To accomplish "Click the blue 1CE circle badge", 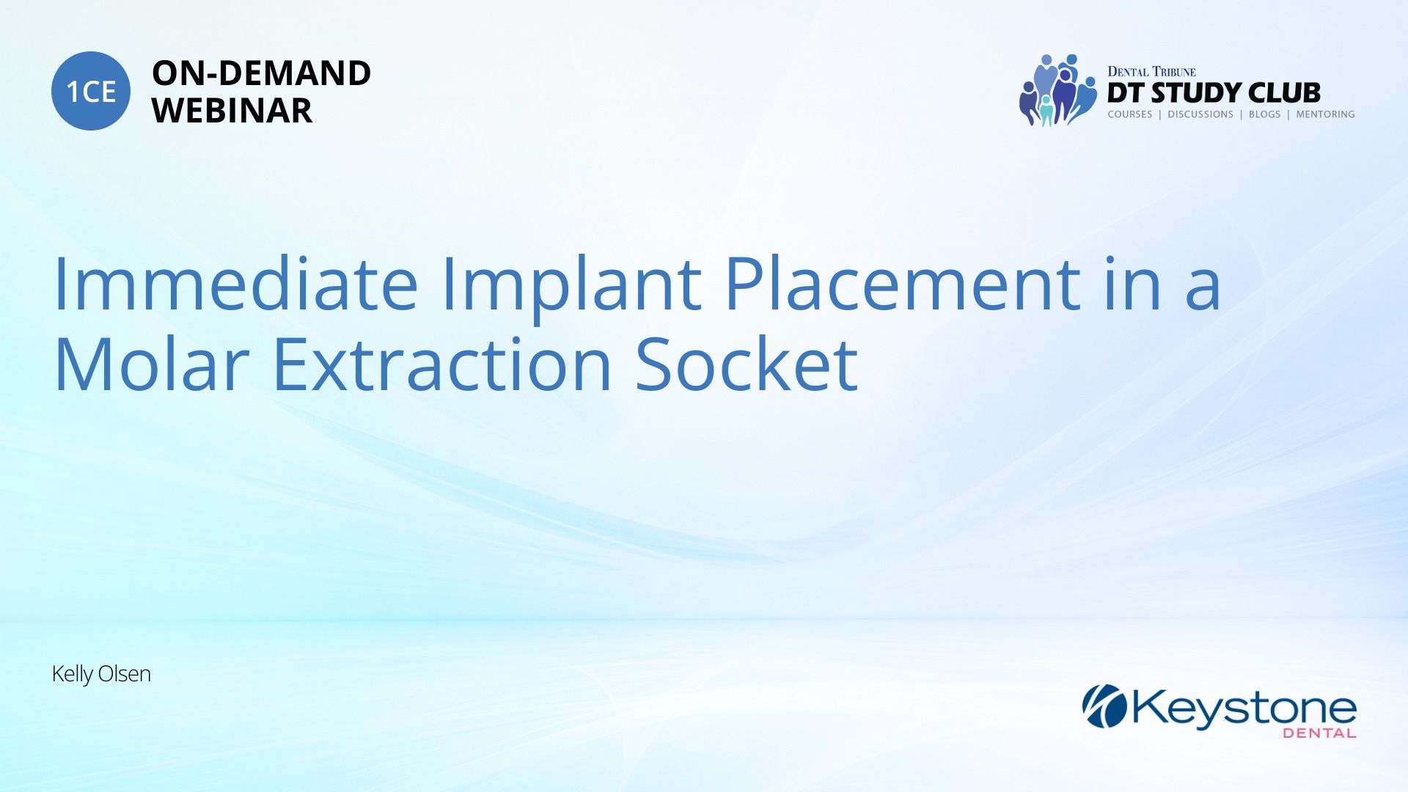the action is (x=91, y=91).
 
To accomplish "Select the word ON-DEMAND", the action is (x=261, y=73).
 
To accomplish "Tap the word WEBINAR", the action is (x=232, y=111).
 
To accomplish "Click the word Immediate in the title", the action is (x=236, y=284).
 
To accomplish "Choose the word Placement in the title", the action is (x=902, y=284).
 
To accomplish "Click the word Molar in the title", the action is (x=152, y=364).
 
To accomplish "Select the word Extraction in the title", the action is (x=442, y=364).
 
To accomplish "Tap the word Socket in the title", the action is (x=747, y=364).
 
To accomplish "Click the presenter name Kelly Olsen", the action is (x=101, y=674).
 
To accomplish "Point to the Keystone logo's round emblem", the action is (x=1104, y=706).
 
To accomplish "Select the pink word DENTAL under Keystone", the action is (x=1319, y=733).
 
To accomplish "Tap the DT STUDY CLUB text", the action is (x=1214, y=93).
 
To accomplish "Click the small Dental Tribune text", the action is (x=1151, y=72).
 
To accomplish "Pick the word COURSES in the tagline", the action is (x=1130, y=114).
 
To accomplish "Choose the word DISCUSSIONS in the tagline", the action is (x=1200, y=114).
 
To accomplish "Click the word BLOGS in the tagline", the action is (x=1264, y=114).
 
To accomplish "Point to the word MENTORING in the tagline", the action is (x=1325, y=114).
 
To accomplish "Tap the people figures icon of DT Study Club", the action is (x=1057, y=90).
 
